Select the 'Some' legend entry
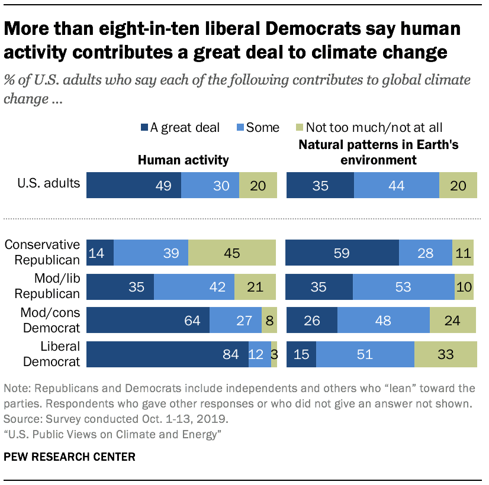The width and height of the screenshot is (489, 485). pyautogui.click(x=257, y=127)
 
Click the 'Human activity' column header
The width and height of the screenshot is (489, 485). pyautogui.click(x=183, y=160)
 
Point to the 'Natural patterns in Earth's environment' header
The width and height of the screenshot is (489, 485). pyautogui.click(x=379, y=152)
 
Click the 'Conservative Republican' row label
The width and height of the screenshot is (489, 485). pyautogui.click(x=42, y=252)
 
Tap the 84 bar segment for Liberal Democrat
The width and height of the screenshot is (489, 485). pyautogui.click(x=168, y=354)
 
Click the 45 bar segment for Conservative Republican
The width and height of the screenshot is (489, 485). pyautogui.click(x=232, y=253)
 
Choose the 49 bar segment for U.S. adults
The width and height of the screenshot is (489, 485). pyautogui.click(x=134, y=186)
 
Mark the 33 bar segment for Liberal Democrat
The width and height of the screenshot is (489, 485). pyautogui.click(x=445, y=354)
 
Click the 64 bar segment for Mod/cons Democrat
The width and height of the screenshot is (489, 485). pyautogui.click(x=148, y=321)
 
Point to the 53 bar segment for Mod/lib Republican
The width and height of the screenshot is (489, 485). pyautogui.click(x=403, y=287)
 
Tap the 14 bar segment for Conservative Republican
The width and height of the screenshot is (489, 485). pyautogui.click(x=100, y=253)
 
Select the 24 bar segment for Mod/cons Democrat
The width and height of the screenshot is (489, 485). pyautogui.click(x=452, y=321)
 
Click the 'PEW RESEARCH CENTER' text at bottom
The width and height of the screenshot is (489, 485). pyautogui.click(x=70, y=457)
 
